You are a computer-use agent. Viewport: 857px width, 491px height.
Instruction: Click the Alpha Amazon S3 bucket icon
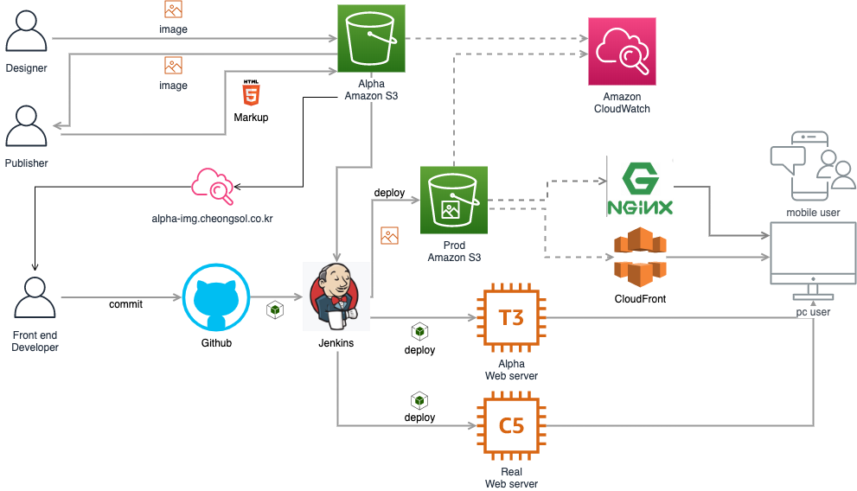371,38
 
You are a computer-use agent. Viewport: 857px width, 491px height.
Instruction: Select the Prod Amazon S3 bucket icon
454,201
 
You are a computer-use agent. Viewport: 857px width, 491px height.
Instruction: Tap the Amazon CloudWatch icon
622,52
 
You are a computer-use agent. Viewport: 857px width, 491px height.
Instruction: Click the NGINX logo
640,187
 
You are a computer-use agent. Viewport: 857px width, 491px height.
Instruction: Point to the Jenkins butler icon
336,296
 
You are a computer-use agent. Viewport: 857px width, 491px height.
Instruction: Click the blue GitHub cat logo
216,297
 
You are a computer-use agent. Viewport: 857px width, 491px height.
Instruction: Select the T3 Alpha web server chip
511,318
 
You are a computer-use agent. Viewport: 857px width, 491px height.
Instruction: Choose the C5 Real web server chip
511,425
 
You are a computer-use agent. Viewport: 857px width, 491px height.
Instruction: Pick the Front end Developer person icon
35,298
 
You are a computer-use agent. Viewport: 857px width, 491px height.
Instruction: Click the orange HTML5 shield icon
251,94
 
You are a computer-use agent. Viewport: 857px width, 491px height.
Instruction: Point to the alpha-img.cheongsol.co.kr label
212,220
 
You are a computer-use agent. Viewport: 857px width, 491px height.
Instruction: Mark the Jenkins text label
336,344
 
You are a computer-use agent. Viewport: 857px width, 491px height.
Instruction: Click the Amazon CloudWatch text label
622,104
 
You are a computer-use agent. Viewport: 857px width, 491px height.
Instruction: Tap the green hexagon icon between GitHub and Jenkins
275,309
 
